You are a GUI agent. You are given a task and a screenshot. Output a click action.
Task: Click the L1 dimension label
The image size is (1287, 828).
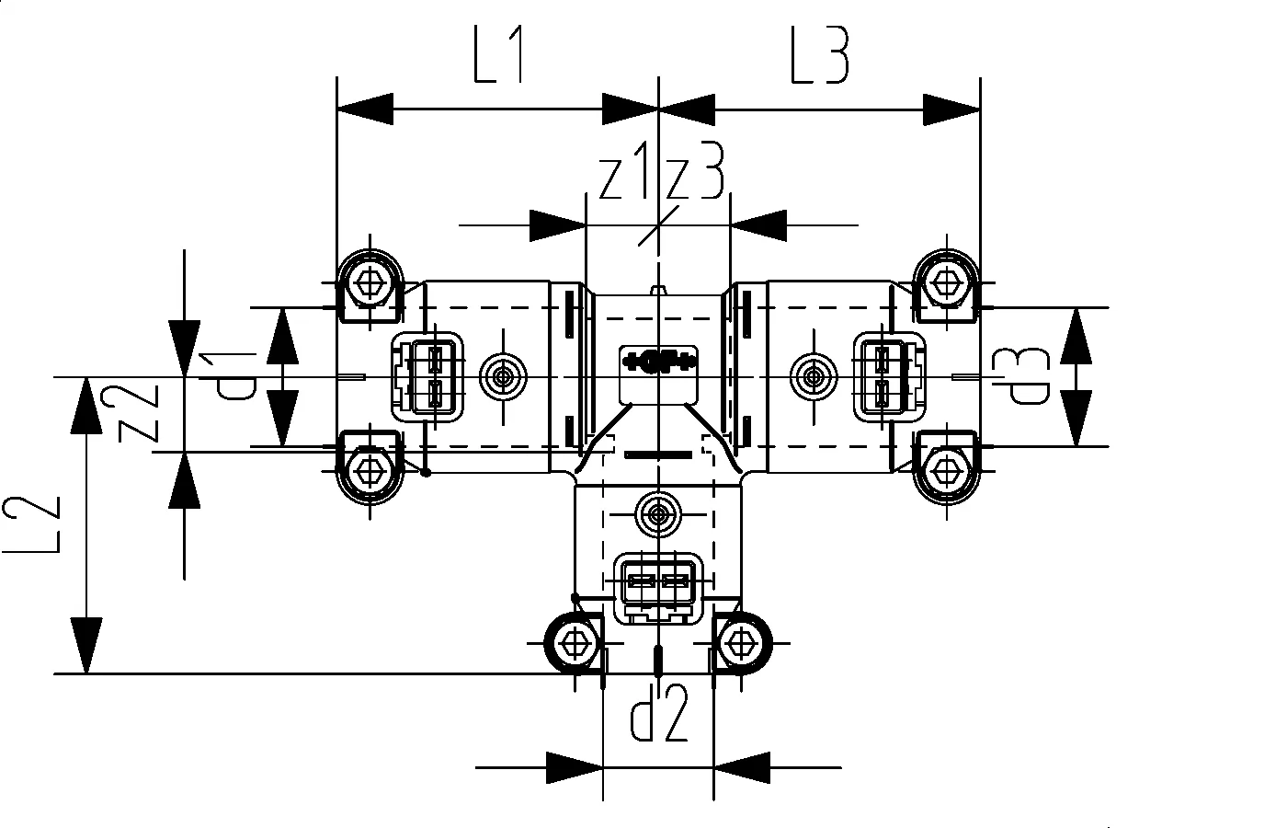(x=498, y=57)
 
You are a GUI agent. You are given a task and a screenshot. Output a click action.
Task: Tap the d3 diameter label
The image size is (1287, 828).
(x=1027, y=377)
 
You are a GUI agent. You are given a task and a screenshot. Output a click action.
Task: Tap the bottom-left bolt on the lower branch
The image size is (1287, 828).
(x=576, y=641)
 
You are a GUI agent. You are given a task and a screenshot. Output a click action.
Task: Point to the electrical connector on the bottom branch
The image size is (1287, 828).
(x=658, y=586)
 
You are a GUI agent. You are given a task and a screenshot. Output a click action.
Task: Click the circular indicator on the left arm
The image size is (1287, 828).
(x=503, y=376)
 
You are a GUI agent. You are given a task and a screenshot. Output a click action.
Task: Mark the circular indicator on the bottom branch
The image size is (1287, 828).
(x=658, y=512)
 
